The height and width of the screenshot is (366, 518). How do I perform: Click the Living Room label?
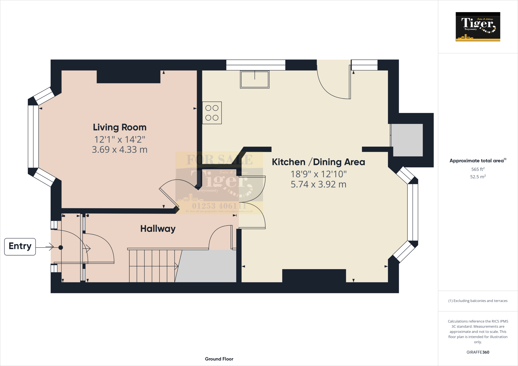pos(120,127)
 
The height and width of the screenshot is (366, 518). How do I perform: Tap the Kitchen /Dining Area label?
pos(318,162)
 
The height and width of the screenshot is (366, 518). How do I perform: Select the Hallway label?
pos(158,229)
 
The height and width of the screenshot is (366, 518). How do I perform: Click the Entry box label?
pos(20,246)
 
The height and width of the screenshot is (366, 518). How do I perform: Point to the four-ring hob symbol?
pos(212,113)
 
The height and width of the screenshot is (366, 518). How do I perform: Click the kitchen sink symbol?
pos(254,79)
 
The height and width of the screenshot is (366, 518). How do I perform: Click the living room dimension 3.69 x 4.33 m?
pos(120,150)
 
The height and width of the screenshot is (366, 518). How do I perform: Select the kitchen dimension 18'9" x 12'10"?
pos(318,174)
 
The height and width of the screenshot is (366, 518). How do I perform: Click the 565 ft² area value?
pos(478,169)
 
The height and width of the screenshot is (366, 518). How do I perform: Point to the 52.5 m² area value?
pos(478,177)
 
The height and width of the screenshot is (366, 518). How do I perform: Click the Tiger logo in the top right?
pos(478,27)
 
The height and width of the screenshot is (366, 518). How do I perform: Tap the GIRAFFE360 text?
pos(478,352)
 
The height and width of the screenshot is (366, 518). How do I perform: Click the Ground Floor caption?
pos(219,359)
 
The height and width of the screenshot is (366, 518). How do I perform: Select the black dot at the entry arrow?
pos(61,247)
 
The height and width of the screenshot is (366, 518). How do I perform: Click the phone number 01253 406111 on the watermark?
pos(219,206)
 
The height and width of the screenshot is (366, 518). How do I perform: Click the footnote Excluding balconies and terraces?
pos(478,301)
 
